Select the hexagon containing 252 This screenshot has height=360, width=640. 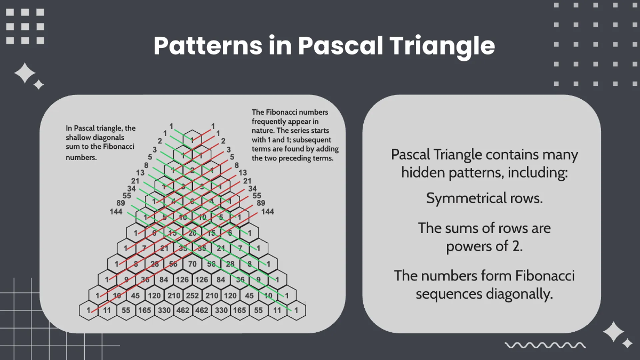pos(193,295)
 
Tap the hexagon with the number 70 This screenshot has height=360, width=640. pos(193,263)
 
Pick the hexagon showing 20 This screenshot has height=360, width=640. pos(193,233)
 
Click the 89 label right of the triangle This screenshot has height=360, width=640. pos(261,203)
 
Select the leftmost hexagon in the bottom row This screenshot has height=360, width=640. pos(89,310)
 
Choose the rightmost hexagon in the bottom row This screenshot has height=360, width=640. pos(297,310)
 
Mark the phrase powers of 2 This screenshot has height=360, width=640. pos(484,246)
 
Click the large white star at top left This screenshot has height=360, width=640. pos(24,73)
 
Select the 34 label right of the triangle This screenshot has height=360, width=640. pos(253,188)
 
